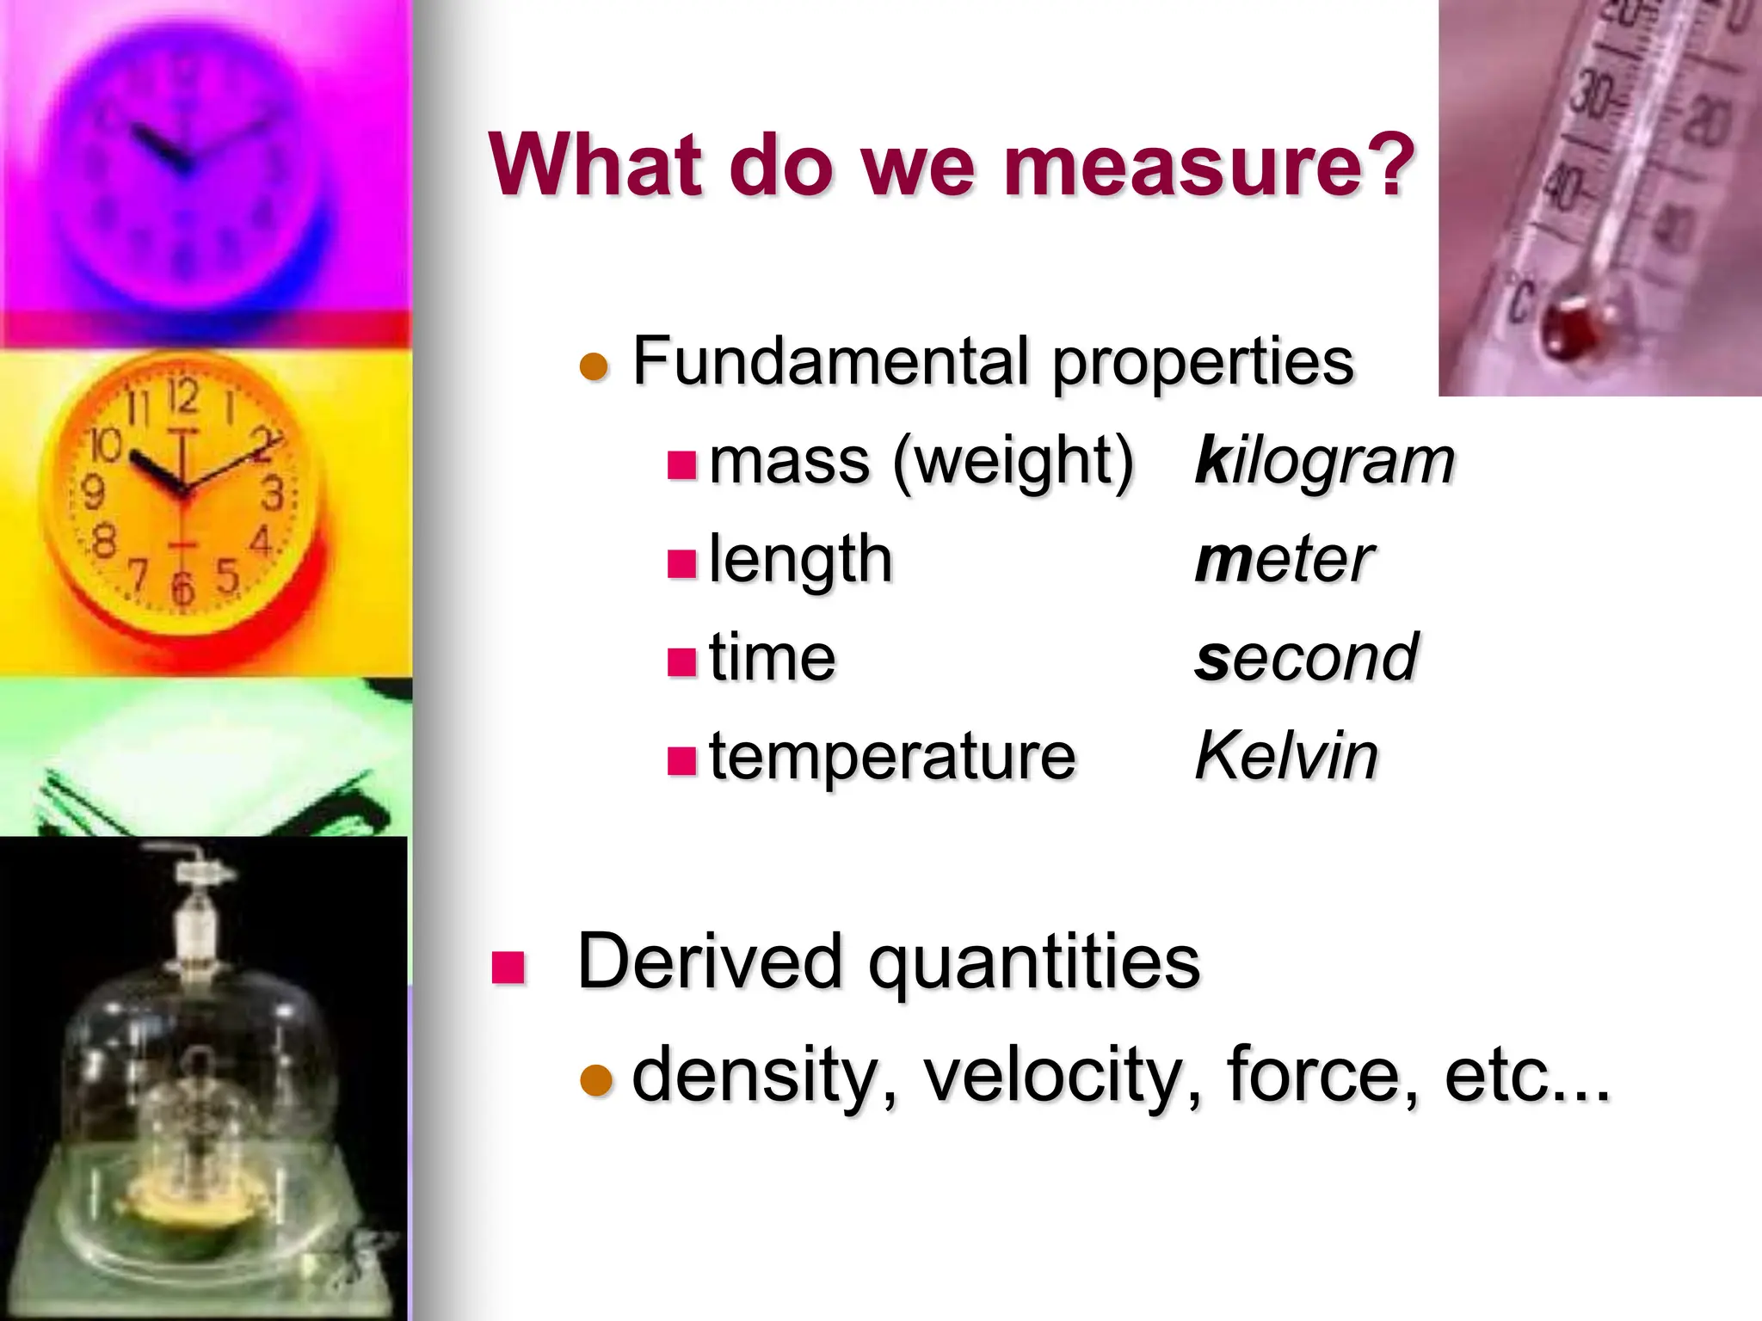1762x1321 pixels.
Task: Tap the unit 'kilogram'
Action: point(1324,461)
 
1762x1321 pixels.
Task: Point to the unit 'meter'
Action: point(1284,560)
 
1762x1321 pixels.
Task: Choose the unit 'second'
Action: point(1306,658)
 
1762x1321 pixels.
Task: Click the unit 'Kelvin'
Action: point(1286,756)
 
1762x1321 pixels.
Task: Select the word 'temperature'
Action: point(892,757)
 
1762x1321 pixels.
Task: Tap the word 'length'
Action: point(800,560)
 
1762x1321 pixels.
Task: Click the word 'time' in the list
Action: point(772,658)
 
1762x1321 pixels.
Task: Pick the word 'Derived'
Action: point(709,962)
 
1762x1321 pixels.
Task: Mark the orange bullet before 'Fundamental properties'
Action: point(595,366)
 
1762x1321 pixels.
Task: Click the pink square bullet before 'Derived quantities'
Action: point(508,967)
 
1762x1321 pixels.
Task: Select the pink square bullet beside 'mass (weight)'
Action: point(681,465)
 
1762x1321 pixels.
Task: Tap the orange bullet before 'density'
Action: point(596,1080)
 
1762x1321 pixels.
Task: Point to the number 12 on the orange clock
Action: point(182,396)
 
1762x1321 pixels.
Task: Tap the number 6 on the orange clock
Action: point(182,588)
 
